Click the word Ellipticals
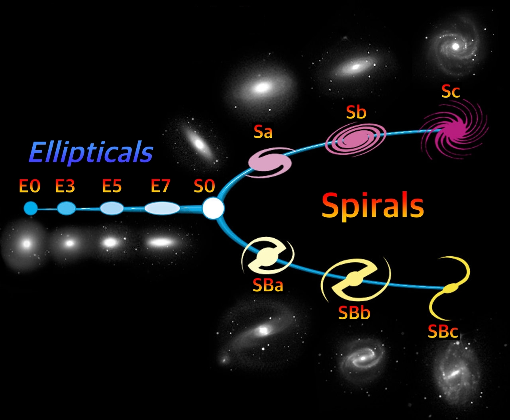[x=91, y=153]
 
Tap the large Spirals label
[x=373, y=205]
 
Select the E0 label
[x=30, y=186]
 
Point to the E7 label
[x=160, y=186]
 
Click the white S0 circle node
[x=214, y=208]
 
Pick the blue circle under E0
[x=31, y=208]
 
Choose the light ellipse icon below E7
[x=162, y=208]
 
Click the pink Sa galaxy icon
[x=270, y=162]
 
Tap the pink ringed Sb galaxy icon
[x=356, y=139]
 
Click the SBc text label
[x=443, y=331]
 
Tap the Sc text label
[x=451, y=92]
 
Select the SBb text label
[x=354, y=313]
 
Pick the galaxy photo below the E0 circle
[x=27, y=243]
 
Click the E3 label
[x=65, y=186]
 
